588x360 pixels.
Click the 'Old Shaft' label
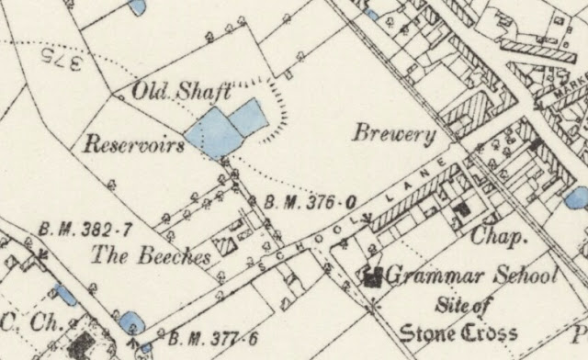(x=180, y=91)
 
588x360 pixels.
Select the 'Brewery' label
(x=394, y=134)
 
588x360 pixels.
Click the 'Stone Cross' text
(x=458, y=332)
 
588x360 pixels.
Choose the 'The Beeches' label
(x=151, y=256)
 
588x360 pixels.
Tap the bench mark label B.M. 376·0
(x=309, y=202)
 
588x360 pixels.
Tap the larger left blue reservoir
(x=209, y=131)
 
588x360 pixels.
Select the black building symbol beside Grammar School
(x=373, y=276)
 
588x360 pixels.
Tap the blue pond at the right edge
(x=577, y=197)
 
